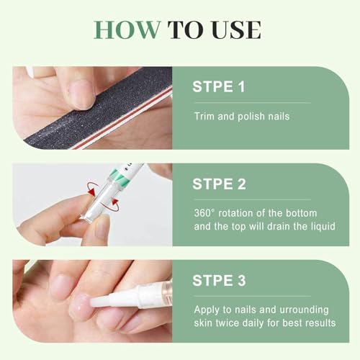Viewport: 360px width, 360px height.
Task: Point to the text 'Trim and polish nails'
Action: [x=241, y=116]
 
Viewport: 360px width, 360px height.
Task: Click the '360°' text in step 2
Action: [x=206, y=212]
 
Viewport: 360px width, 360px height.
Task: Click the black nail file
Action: [x=108, y=108]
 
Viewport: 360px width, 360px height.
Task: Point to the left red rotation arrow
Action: [x=92, y=189]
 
